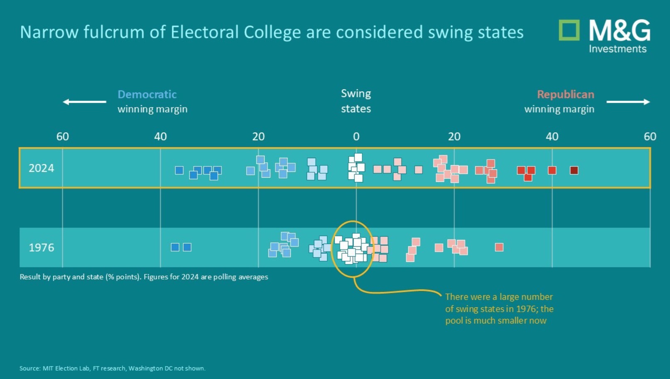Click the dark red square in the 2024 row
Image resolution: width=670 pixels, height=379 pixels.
[574, 170]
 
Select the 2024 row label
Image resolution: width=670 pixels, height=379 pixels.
[41, 168]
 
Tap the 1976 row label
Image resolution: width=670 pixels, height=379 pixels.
[41, 247]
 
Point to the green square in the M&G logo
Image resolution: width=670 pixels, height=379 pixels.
[569, 30]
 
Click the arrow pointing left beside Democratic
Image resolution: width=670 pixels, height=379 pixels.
[84, 102]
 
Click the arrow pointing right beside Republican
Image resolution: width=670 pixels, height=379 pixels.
[628, 102]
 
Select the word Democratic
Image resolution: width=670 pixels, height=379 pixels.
[147, 95]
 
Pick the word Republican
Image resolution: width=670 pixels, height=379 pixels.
[566, 95]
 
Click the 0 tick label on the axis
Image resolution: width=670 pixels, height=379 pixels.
[356, 137]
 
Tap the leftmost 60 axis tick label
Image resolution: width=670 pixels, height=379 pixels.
[62, 137]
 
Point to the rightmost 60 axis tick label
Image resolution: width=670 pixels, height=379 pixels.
[650, 137]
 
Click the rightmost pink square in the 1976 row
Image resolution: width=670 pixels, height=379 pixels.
[499, 247]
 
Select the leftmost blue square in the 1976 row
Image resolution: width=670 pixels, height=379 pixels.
[175, 247]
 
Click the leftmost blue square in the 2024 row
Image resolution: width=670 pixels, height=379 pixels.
[179, 170]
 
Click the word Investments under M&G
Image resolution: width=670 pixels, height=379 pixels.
[618, 49]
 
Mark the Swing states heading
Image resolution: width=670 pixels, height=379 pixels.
[356, 101]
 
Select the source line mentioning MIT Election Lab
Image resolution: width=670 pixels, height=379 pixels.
[113, 368]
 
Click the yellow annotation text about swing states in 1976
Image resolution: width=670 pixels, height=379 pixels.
[499, 308]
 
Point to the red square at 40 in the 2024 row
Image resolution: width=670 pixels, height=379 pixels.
[552, 170]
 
